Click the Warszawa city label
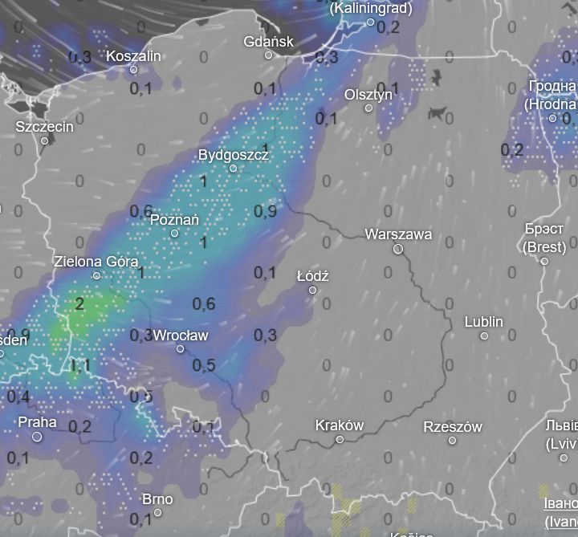pyautogui.click(x=398, y=234)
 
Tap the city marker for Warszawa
pyautogui.click(x=398, y=250)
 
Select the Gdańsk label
pyautogui.click(x=270, y=41)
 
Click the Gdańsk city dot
pyautogui.click(x=269, y=55)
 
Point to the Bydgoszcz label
pyautogui.click(x=233, y=154)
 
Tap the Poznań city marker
pyautogui.click(x=175, y=234)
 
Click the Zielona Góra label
pyautogui.click(x=96, y=261)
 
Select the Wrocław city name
pyautogui.click(x=180, y=335)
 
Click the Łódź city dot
pyautogui.click(x=313, y=290)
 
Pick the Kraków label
pyautogui.click(x=340, y=425)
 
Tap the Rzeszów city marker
pyautogui.click(x=453, y=441)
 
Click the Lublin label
pyautogui.click(x=484, y=321)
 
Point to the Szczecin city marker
pyautogui.click(x=45, y=141)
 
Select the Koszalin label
pyautogui.click(x=133, y=55)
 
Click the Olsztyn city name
pyautogui.click(x=368, y=94)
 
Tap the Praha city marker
pyautogui.click(x=37, y=437)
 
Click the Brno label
pyautogui.click(x=157, y=498)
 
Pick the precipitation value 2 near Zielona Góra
pyautogui.click(x=79, y=303)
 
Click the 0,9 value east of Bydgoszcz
pyautogui.click(x=265, y=211)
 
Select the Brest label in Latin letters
pyautogui.click(x=544, y=246)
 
